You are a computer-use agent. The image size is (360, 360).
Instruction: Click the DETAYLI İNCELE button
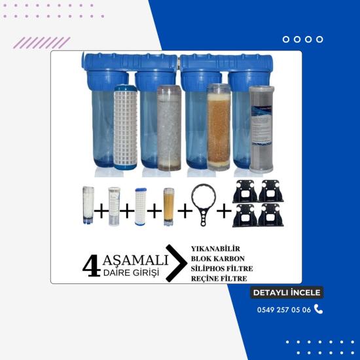pyautogui.click(x=287, y=293)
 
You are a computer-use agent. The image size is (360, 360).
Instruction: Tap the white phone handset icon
pyautogui.click(x=318, y=309)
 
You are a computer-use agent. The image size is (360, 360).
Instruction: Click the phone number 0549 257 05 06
pyautogui.click(x=284, y=310)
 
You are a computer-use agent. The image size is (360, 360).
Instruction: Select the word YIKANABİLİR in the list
pyautogui.click(x=215, y=249)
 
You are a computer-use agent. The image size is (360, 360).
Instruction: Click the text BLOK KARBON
pyautogui.click(x=218, y=259)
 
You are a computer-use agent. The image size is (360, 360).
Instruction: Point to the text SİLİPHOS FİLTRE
pyautogui.click(x=222, y=268)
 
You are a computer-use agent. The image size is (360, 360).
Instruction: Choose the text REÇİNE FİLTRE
pyautogui.click(x=219, y=278)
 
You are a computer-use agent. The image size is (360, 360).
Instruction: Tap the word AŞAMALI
pyautogui.click(x=135, y=260)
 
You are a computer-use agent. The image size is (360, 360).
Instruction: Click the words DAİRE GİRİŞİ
pyautogui.click(x=131, y=272)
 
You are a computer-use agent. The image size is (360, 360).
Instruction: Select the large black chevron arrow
pyautogui.click(x=176, y=263)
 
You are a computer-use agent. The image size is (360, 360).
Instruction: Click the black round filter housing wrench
pyautogui.click(x=204, y=205)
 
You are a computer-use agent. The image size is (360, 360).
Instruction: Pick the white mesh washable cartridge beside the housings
pyautogui.click(x=126, y=127)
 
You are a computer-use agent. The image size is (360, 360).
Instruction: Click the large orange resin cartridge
pyautogui.click(x=219, y=127)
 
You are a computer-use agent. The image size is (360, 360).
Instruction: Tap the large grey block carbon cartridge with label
pyautogui.click(x=262, y=129)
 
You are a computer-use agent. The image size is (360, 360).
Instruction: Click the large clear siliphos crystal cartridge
pyautogui.click(x=170, y=128)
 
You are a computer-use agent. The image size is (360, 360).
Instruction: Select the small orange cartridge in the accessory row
pyautogui.click(x=169, y=207)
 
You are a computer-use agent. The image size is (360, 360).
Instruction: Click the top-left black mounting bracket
pyautogui.click(x=245, y=191)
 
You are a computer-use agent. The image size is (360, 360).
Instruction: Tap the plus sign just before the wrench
pyautogui.click(x=185, y=211)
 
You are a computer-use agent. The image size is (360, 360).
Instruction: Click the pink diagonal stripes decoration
pyautogui.click(x=41, y=43)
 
